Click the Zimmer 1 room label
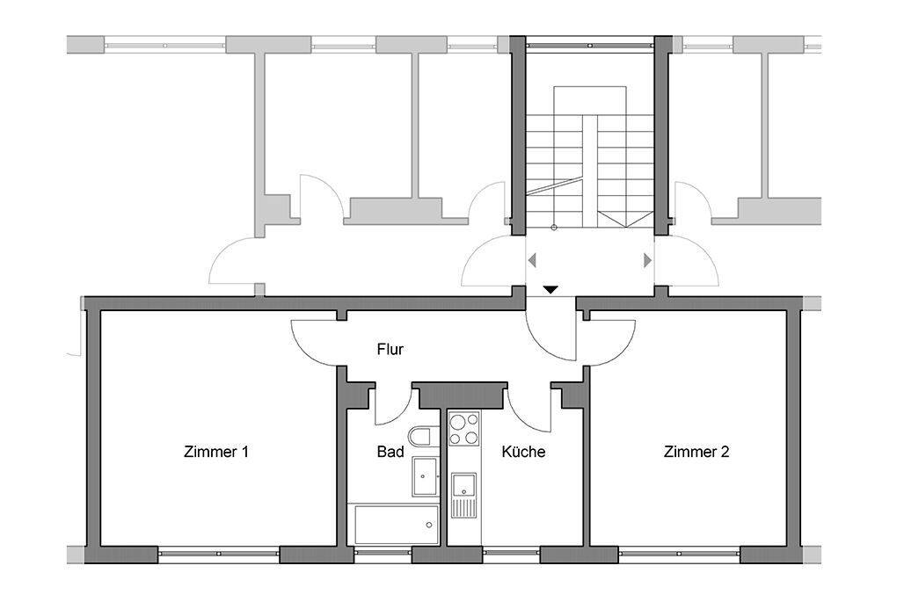tap(216, 452)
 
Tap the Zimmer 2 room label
tap(696, 452)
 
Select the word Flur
tap(390, 349)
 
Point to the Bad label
tap(390, 452)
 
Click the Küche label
tap(523, 452)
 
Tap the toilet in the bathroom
tap(423, 436)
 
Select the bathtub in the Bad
tap(396, 525)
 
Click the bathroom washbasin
tap(426, 476)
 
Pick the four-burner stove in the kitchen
tap(464, 429)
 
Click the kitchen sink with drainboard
tap(463, 495)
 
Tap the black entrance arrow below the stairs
tap(550, 290)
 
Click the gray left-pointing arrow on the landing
tap(531, 260)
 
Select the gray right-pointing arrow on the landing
tap(648, 260)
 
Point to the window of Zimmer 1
tap(218, 555)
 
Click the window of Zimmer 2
tap(680, 555)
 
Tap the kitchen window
tap(512, 555)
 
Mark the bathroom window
tap(383, 555)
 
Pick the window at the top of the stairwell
tap(590, 45)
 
